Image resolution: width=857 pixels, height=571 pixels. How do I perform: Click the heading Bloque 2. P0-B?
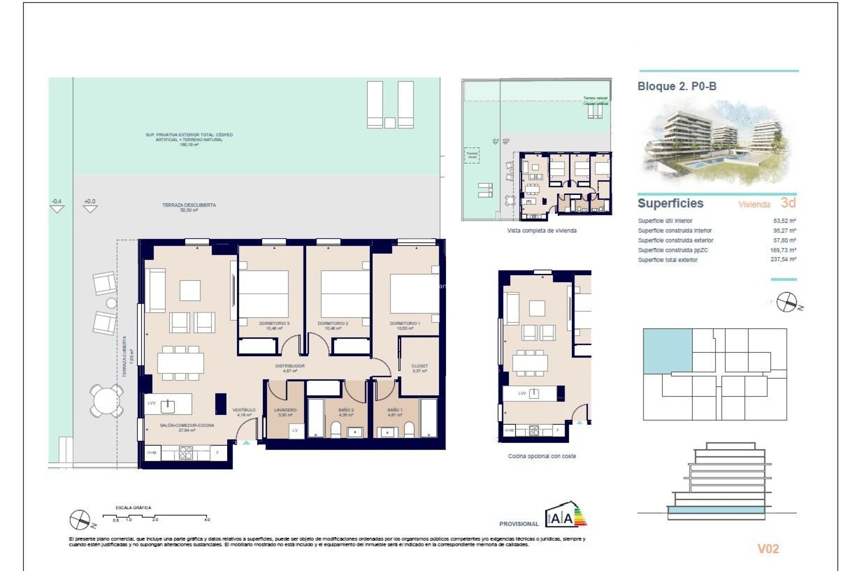click(677, 86)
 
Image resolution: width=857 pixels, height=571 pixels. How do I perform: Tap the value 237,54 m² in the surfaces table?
click(783, 259)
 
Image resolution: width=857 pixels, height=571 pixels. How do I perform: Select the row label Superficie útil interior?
click(665, 221)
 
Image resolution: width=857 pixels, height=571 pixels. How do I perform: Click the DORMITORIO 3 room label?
click(274, 323)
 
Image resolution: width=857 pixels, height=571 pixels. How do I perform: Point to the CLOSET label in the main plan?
click(419, 366)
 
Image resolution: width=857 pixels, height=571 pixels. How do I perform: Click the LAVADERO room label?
click(285, 410)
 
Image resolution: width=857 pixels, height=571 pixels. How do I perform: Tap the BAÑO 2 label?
click(346, 410)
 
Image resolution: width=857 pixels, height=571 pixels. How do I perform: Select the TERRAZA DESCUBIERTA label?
click(189, 205)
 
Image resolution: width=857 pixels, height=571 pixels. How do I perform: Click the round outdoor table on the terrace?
click(106, 401)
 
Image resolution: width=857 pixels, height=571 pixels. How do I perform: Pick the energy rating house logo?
click(565, 515)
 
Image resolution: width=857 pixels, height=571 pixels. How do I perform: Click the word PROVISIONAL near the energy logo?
click(519, 524)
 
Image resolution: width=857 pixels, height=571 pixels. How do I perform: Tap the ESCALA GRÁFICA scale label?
click(133, 508)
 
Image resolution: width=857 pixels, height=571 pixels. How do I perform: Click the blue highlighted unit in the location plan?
click(667, 351)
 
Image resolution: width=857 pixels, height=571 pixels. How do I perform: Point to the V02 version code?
click(768, 549)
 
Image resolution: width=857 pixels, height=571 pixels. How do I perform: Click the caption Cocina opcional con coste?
click(542, 456)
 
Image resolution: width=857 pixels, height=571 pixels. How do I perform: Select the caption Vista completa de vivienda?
click(541, 231)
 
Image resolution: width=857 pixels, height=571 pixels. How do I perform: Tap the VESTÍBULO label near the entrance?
click(244, 410)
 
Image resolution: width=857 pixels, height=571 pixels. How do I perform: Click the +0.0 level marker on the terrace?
click(90, 202)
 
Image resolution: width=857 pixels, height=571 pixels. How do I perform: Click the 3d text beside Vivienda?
click(788, 203)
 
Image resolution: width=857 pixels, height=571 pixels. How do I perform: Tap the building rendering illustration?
click(716, 143)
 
